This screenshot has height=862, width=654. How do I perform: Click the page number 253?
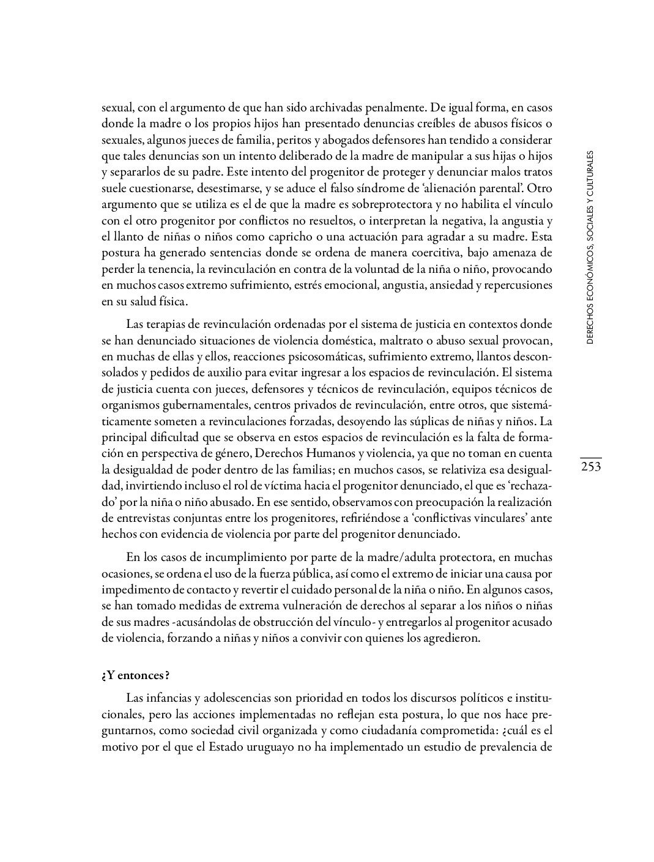pyautogui.click(x=590, y=467)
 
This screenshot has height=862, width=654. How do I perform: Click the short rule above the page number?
pyautogui.click(x=590, y=458)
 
